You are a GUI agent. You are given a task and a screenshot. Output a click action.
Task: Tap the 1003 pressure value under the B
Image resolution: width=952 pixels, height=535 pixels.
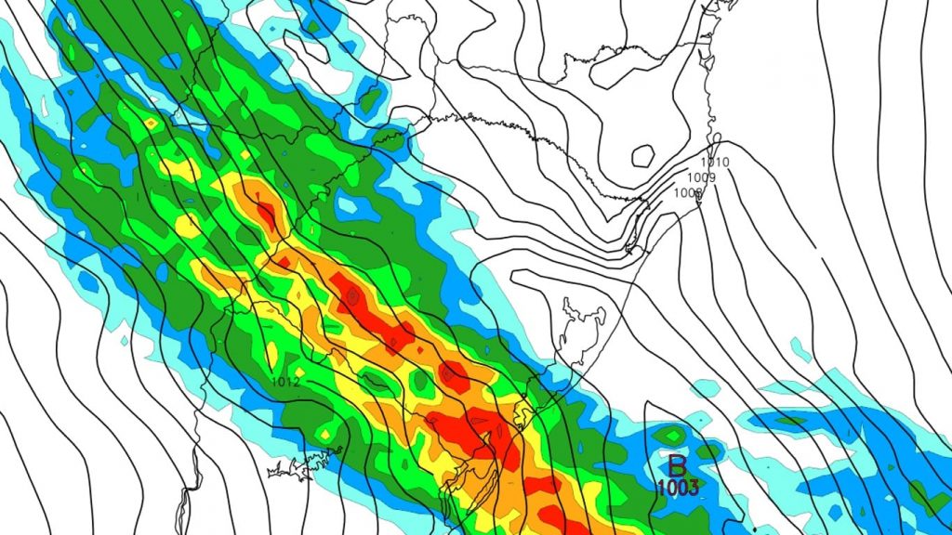coord(677,488)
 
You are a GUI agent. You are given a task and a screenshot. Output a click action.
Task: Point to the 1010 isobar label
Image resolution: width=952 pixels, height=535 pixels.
coord(715,163)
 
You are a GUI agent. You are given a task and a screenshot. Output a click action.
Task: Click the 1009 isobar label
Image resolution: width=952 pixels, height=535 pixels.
coord(701,177)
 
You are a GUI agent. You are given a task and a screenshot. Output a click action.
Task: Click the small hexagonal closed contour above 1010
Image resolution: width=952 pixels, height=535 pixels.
coord(641,154)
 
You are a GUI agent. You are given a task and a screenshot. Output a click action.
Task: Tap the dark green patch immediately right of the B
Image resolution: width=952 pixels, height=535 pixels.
coord(708,451)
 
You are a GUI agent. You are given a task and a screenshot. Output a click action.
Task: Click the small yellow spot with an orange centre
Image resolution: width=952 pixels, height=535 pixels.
coord(151,122)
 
